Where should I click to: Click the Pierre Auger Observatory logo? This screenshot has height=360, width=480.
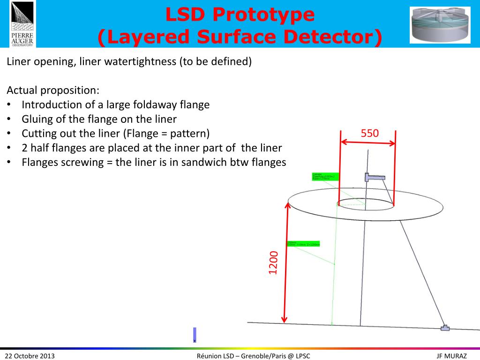pos(22,24)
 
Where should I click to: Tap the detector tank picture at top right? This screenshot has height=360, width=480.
pos(440,25)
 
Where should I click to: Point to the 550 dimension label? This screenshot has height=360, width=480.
pos(369,134)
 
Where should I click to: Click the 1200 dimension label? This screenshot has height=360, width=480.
pos(273,263)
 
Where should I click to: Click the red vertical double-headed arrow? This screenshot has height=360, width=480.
pos(285,262)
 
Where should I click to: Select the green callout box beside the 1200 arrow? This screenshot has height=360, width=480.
pos(303,244)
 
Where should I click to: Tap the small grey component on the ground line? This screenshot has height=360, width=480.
pos(444,328)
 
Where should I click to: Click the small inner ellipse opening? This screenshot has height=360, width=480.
pos(365,203)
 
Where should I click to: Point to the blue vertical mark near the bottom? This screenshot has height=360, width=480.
pos(195,335)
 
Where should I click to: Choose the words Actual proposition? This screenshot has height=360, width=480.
pos(53,90)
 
